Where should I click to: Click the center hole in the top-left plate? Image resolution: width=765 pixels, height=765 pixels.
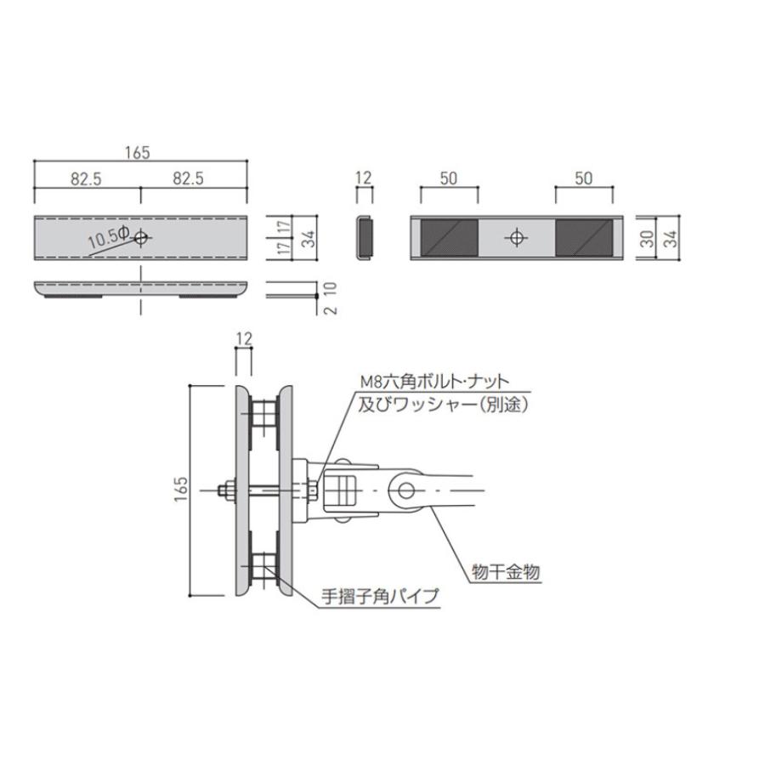click(140, 237)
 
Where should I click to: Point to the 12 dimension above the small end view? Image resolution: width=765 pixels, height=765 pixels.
click(364, 178)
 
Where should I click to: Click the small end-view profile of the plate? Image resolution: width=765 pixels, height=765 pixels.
click(364, 237)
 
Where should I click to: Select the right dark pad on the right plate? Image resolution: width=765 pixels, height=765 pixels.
click(583, 238)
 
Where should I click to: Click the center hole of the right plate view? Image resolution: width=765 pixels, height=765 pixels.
click(515, 238)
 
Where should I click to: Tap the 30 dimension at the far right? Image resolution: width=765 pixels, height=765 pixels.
click(648, 239)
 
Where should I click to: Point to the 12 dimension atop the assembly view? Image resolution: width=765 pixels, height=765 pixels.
click(243, 339)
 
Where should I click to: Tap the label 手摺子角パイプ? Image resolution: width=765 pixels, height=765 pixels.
click(381, 597)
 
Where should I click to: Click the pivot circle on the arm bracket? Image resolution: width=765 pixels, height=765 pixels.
click(405, 490)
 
